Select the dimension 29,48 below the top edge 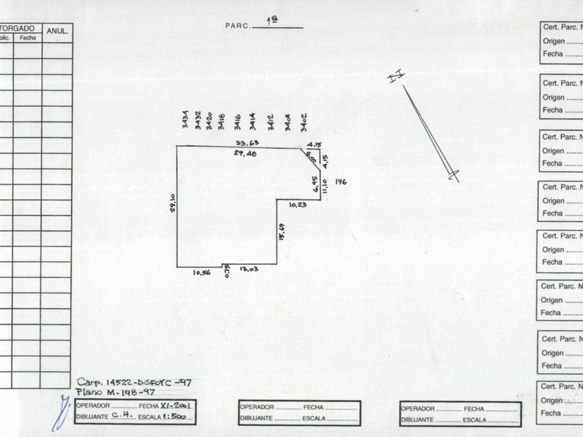[x=246, y=153]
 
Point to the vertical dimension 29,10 [x=173, y=205]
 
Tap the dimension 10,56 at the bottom [x=201, y=273]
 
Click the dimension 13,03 [x=248, y=269]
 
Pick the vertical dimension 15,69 [x=281, y=231]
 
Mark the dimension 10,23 [x=298, y=205]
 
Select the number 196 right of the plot [x=340, y=182]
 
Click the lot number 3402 [x=304, y=122]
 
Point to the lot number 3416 [x=237, y=122]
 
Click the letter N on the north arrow [x=396, y=77]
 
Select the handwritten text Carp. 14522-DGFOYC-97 [x=134, y=382]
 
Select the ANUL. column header [x=57, y=31]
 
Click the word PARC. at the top [x=237, y=26]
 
